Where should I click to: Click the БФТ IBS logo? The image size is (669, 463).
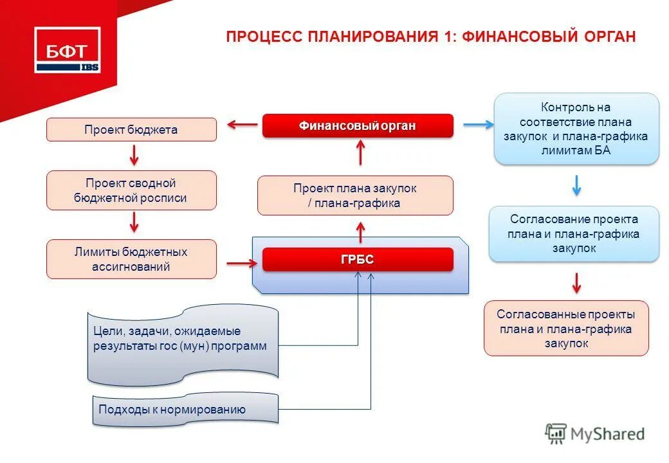67,50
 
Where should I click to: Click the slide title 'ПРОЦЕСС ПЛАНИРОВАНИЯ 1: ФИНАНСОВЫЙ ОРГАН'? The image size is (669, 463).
430,37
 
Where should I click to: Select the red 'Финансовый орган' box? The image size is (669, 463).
358,126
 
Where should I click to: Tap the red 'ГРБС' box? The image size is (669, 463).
358,260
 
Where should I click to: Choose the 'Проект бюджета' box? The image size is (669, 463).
131,130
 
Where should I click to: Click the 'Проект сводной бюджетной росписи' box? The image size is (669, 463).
131,190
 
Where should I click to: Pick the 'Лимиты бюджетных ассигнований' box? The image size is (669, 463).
131,259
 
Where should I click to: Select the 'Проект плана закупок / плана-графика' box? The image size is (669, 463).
355,195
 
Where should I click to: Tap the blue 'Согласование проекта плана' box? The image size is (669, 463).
574,233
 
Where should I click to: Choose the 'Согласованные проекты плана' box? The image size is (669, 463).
566,329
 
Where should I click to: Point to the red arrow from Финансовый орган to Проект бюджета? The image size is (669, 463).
242,125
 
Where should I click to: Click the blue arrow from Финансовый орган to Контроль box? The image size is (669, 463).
477,125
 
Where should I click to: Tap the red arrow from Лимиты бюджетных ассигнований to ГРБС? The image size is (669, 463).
241,262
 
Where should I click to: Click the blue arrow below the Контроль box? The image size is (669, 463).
576,185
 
